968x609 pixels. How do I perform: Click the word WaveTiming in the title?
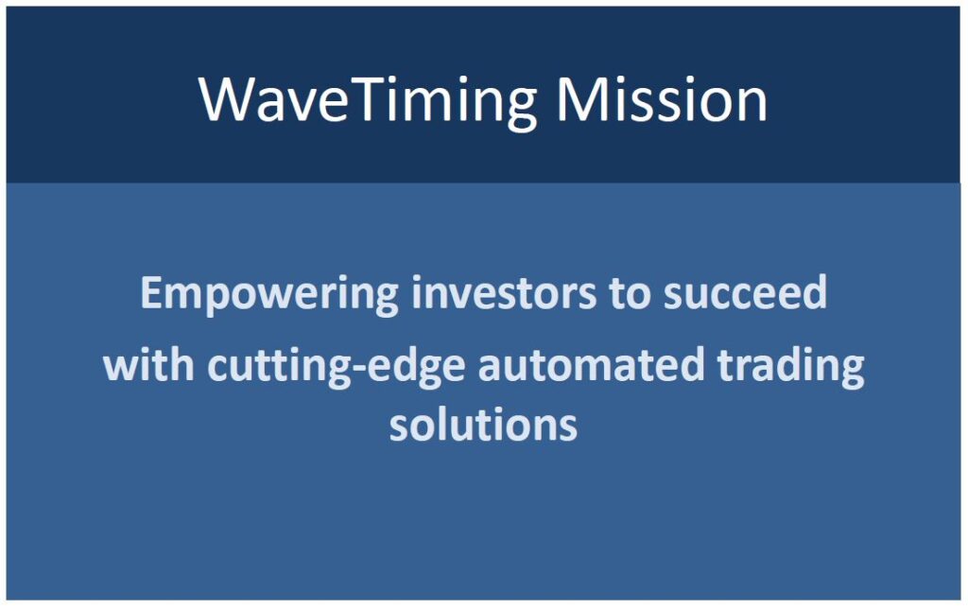click(368, 102)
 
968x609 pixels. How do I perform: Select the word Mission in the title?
click(661, 99)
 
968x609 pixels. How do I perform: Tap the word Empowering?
click(269, 295)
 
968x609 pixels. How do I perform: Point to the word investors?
click(504, 293)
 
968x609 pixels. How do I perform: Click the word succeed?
click(745, 293)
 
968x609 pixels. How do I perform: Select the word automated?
click(592, 364)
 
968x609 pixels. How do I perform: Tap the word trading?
click(791, 368)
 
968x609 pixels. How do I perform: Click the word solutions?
click(483, 425)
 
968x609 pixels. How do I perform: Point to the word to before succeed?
click(630, 294)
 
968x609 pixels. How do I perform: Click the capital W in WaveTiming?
click(229, 99)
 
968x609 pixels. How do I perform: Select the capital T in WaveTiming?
click(365, 99)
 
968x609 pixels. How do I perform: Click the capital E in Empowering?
click(152, 293)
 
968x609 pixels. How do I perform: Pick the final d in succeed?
click(815, 293)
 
